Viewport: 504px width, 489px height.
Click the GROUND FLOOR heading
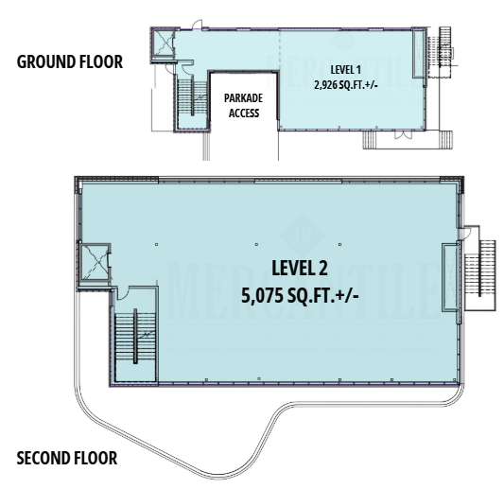pyautogui.click(x=71, y=63)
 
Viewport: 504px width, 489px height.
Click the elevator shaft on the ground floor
pyautogui.click(x=163, y=44)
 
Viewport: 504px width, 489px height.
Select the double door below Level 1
pyautogui.click(x=399, y=139)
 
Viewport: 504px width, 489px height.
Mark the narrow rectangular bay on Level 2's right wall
pyautogui.click(x=450, y=276)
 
